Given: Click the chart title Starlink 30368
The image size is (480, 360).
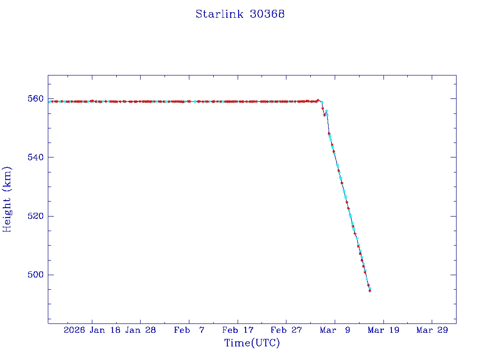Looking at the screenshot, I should [240, 14].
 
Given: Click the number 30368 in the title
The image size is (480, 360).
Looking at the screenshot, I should [267, 14].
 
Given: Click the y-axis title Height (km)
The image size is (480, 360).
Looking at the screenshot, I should [7, 199].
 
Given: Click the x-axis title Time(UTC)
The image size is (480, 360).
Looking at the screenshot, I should [252, 343].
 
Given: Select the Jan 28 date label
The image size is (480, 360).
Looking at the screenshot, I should [141, 330].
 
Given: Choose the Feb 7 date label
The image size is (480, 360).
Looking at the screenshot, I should [189, 330].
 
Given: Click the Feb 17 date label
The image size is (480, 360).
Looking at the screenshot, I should [238, 330].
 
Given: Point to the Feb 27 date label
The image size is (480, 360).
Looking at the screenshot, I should [286, 330].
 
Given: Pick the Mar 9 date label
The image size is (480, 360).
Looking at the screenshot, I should [335, 330].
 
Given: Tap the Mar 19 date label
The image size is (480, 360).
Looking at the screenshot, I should [384, 330].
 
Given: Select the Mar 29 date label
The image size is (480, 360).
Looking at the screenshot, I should [432, 330].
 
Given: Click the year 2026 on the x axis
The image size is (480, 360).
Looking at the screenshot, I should [75, 330].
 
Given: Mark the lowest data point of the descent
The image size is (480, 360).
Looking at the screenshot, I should [370, 291].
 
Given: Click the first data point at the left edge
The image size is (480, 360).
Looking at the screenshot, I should [49, 101].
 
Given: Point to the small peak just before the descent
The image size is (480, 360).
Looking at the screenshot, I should [318, 100].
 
